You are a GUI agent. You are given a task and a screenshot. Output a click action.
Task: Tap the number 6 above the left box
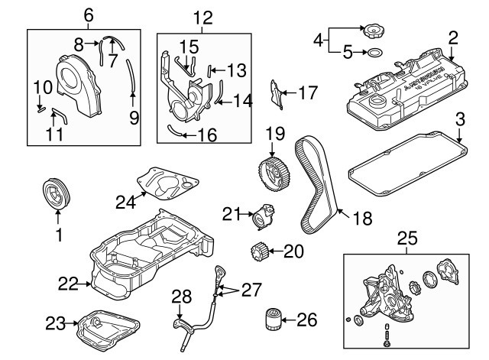(x=88, y=15)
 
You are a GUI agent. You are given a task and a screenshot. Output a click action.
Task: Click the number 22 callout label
(x=69, y=284)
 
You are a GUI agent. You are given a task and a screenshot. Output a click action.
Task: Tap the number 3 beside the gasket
(x=460, y=119)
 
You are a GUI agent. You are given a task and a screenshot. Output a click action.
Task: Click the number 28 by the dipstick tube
(x=180, y=297)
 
